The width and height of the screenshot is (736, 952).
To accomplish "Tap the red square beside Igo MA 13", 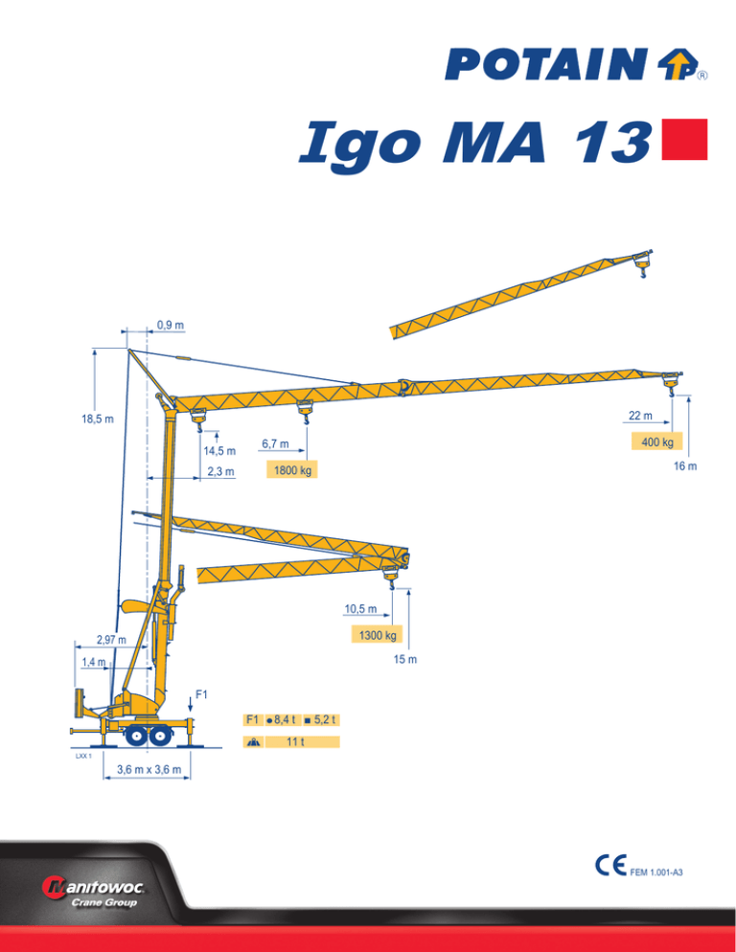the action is point(684,139).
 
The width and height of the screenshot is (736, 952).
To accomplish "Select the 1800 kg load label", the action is point(292,469).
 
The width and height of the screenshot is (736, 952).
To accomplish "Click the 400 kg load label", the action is point(657,442).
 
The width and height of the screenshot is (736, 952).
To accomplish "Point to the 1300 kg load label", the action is point(377,635).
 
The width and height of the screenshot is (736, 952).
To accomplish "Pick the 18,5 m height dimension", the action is point(97,419).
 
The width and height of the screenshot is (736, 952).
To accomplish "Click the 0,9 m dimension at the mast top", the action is point(171,326).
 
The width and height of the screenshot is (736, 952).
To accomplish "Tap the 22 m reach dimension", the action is point(640,416).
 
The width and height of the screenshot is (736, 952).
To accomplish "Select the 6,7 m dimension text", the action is point(275,443).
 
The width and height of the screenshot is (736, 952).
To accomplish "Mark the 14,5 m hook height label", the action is point(219,451).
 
